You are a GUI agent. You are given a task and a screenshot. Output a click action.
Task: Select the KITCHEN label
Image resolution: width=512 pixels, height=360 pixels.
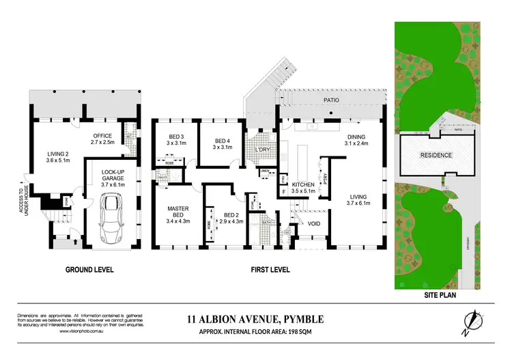point(302,186)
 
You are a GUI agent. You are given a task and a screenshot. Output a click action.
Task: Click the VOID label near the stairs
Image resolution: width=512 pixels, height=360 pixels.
point(315,223)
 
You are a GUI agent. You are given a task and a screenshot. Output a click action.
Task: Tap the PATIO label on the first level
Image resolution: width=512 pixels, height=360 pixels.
point(332,100)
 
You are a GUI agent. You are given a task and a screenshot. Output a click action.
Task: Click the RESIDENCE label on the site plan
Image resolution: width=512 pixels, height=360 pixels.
point(436,155)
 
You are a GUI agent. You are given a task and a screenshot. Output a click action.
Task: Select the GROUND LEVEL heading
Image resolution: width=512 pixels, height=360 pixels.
point(88,269)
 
